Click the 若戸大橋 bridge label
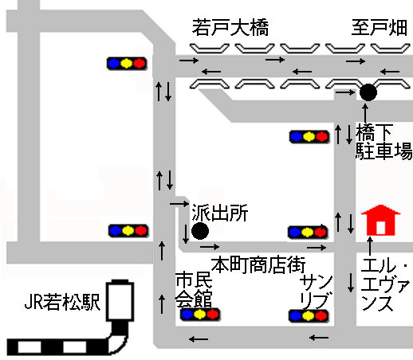[230, 27]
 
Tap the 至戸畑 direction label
[380, 27]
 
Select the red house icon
[380, 220]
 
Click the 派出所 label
[220, 213]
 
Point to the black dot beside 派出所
[200, 231]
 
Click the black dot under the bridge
[368, 92]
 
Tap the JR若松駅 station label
[62, 302]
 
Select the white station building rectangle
[120, 300]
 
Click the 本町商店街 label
[258, 264]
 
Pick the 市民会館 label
[194, 289]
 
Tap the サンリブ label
[317, 292]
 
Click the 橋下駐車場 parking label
[383, 142]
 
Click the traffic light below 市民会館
[200, 315]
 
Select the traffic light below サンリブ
[309, 316]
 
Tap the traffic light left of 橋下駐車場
[309, 137]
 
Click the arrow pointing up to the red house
[370, 247]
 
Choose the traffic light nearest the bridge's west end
[127, 64]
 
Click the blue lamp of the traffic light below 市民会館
[187, 315]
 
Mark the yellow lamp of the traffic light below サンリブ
[309, 316]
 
